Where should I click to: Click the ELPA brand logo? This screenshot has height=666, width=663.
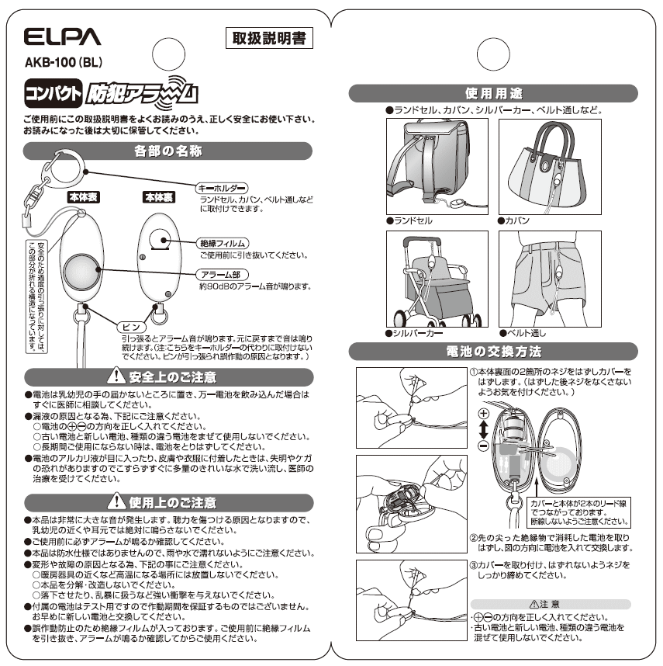62,37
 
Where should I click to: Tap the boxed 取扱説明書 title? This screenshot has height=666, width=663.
268,40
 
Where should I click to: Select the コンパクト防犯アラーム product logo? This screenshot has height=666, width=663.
111,93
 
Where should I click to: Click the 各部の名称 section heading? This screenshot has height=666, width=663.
167,151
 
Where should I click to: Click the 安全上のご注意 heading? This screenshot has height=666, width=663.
167,376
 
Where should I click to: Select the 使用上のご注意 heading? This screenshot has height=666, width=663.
167,502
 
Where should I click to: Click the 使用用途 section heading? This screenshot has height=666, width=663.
493,94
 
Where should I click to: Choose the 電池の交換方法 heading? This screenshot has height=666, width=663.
493,352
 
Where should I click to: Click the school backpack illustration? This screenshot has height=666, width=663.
437,165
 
